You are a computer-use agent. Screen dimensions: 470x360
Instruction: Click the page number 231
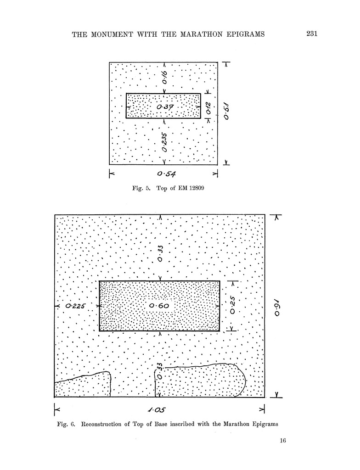click(312, 34)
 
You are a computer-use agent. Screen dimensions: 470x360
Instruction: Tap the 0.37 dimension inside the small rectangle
click(163, 107)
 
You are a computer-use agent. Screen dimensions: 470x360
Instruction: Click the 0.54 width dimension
click(166, 174)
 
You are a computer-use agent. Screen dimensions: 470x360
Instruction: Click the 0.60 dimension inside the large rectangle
click(159, 306)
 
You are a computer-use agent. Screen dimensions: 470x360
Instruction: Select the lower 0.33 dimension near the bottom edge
click(159, 370)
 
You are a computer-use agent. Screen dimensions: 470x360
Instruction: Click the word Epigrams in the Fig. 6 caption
click(262, 424)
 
